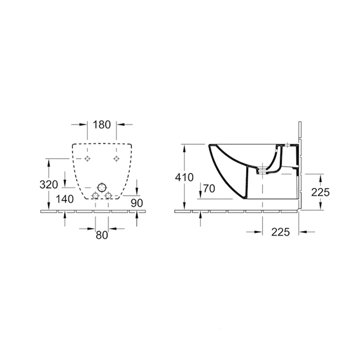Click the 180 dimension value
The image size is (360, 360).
pos(102,125)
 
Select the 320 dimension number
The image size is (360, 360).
pos(49,184)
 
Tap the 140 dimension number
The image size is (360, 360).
pos(65,199)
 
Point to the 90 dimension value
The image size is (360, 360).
pos(137,203)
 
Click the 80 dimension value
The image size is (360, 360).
pos(102,235)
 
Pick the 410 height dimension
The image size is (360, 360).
pos(184,177)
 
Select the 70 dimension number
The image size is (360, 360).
pos(209,189)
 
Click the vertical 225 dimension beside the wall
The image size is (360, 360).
pos(320,193)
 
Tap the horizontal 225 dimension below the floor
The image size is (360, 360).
pos(280,232)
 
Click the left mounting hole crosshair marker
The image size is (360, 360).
pos(87,158)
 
